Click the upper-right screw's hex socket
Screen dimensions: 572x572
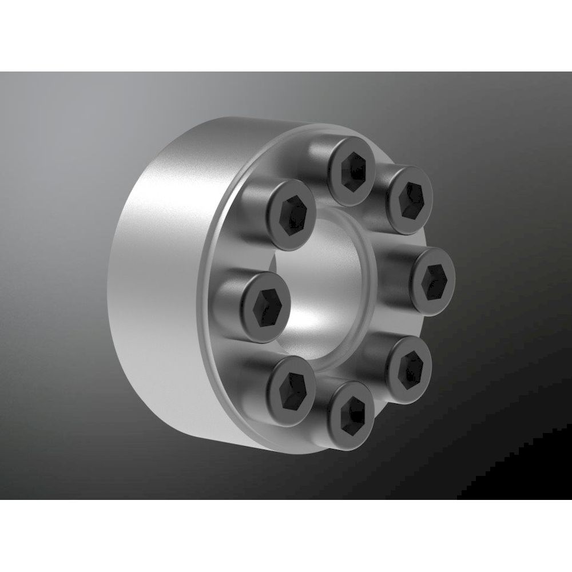[410, 200]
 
